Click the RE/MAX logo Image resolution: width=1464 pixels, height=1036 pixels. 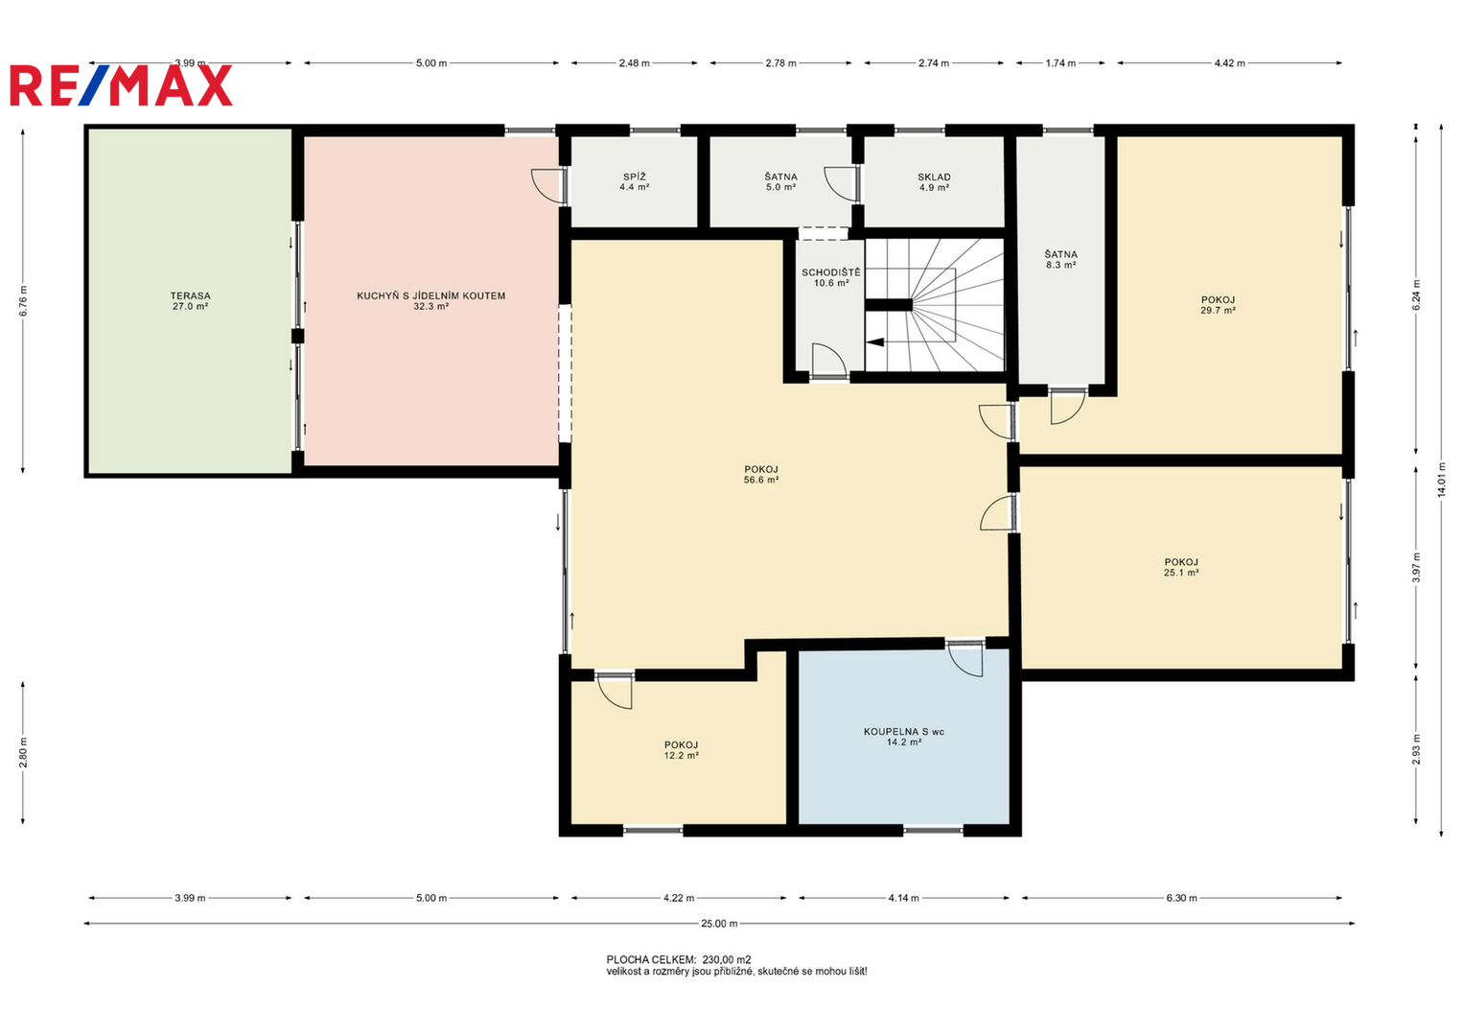[x=121, y=85]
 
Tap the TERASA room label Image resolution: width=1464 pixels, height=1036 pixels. [x=190, y=295]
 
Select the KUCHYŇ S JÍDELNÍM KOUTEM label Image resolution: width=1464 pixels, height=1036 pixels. [x=430, y=295]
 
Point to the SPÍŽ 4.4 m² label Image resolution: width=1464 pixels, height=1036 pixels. [x=634, y=182]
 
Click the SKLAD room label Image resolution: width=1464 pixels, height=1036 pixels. [x=934, y=177]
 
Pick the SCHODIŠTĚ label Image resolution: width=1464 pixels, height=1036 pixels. [x=831, y=272]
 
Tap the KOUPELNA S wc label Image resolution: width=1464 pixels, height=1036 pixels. [x=904, y=732]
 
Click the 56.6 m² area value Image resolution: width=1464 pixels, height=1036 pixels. [x=761, y=480]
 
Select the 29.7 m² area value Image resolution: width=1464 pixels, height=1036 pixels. [x=1218, y=311]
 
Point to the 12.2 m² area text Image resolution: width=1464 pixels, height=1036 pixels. [x=681, y=756]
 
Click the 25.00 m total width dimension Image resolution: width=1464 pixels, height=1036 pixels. [x=719, y=924]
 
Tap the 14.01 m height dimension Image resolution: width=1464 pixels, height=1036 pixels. [x=1442, y=480]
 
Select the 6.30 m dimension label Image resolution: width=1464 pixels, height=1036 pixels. [x=1182, y=898]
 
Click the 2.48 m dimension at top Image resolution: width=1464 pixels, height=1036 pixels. [x=634, y=63]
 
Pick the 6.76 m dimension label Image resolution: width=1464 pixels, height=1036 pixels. [x=23, y=301]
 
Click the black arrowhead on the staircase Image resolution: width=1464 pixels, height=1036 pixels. [x=875, y=342]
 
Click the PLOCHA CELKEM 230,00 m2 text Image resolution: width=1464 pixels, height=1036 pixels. [x=679, y=959]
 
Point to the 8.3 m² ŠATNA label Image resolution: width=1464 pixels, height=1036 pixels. [x=1060, y=260]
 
